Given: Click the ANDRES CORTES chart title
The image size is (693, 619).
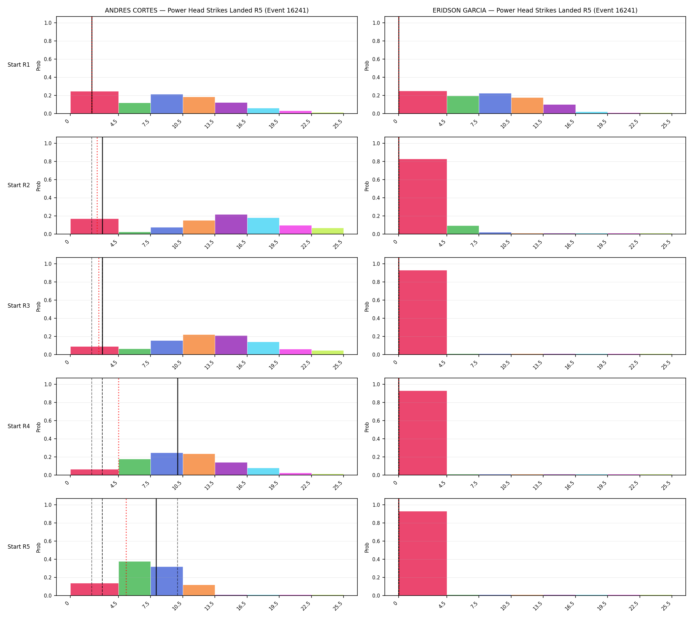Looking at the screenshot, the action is [207, 11].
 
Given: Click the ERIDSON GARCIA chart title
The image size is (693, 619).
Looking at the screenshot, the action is [535, 11].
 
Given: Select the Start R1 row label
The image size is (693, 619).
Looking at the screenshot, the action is [19, 65].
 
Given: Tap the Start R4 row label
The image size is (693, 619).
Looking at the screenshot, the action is [19, 427].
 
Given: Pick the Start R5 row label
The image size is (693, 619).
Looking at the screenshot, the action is [19, 547].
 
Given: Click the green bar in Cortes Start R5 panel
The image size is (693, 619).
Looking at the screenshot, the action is [135, 578].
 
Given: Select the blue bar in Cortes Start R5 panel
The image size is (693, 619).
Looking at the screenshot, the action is [167, 581].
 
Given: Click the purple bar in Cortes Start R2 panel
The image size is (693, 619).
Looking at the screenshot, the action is [231, 224].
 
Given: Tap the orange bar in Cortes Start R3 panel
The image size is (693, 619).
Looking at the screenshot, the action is [199, 345].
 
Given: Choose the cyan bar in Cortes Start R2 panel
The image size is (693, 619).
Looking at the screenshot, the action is [263, 226].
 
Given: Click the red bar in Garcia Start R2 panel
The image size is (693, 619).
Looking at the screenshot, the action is [423, 196].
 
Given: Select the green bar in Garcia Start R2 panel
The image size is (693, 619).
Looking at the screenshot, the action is [463, 230].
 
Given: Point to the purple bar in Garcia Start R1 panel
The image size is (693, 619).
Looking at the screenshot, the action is [559, 109].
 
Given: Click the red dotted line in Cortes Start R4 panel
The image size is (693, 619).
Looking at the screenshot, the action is [119, 427].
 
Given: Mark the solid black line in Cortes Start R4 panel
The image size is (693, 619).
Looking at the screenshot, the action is [178, 427].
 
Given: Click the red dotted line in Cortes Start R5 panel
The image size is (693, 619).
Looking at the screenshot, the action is [126, 547].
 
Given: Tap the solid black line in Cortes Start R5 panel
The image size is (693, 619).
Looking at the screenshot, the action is [156, 547].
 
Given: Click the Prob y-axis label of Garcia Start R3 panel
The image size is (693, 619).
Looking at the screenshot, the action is [367, 306].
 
